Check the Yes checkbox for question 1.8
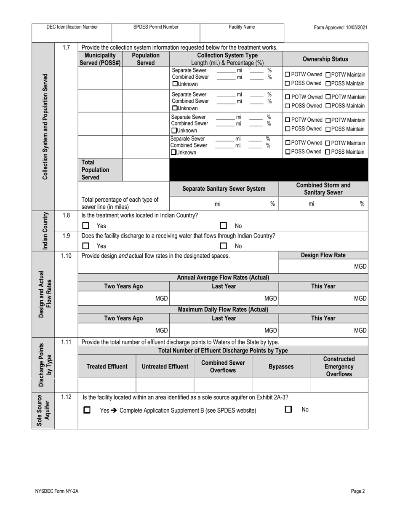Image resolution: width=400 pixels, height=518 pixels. [85, 226]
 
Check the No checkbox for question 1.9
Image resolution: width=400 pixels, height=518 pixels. [224, 246]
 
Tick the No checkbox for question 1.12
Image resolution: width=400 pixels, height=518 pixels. [288, 409]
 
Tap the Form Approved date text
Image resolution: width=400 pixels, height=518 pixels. [340, 27]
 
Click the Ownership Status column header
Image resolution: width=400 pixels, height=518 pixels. [325, 59]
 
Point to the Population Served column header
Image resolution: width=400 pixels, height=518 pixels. [146, 59]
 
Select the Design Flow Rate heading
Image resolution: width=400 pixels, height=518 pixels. [323, 255]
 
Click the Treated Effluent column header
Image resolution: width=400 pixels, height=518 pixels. [107, 366]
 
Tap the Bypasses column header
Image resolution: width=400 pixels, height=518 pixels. [281, 366]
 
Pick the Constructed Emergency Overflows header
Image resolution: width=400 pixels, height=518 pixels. [339, 366]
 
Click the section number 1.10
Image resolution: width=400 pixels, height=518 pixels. [66, 256]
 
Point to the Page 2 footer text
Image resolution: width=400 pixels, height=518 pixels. [358, 491]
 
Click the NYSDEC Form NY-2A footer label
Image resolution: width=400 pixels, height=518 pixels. [57, 491]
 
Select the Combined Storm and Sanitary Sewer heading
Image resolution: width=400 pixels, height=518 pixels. [323, 189]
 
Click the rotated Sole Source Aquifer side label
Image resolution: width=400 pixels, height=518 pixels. [43, 411]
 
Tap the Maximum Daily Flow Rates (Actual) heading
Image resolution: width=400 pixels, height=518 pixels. [223, 309]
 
